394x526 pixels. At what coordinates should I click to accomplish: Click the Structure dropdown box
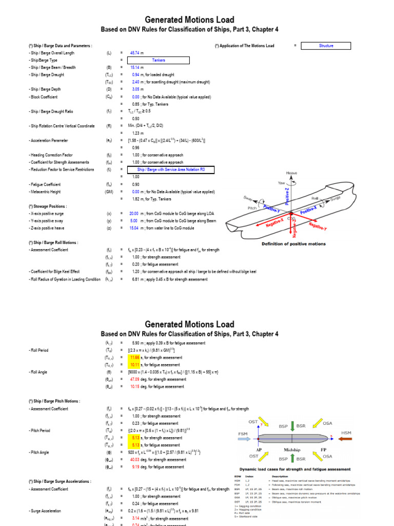[326, 46]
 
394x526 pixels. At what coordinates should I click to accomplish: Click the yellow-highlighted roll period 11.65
[135, 358]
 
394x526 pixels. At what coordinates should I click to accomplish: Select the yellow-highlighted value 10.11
[135, 365]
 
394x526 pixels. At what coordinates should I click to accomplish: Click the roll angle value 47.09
[135, 380]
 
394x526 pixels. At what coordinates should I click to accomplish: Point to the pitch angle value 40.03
[135, 460]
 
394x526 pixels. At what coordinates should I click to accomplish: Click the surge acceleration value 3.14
[135, 518]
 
